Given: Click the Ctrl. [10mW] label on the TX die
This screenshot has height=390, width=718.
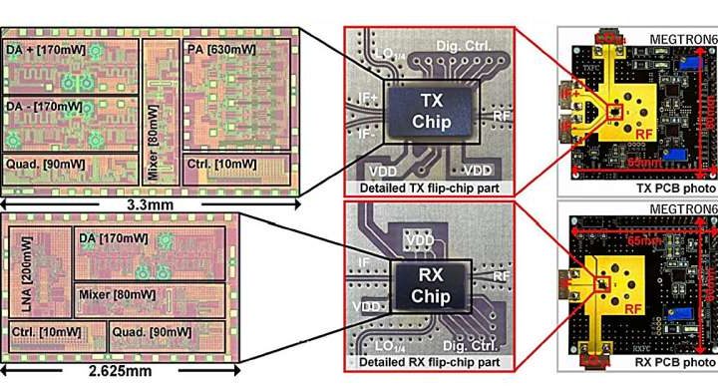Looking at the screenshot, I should tap(217, 164).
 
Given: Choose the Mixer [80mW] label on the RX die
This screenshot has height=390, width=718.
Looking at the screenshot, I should tap(119, 295).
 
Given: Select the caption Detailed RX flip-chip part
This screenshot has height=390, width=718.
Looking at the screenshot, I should tap(429, 363).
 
